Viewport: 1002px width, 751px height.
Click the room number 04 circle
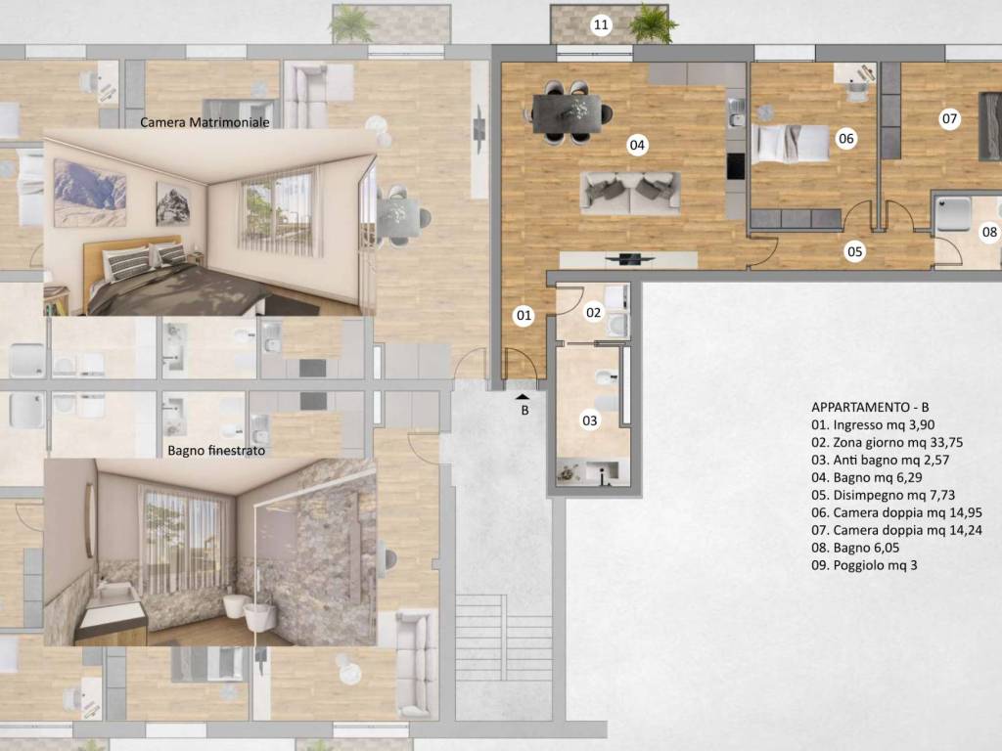[x=637, y=145]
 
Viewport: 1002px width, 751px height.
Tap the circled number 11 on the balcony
[x=601, y=24]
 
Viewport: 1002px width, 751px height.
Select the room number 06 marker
[x=846, y=139]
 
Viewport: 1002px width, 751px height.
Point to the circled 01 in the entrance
[x=524, y=315]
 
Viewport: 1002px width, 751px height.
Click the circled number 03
[x=590, y=420]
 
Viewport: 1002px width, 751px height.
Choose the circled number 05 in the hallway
[x=855, y=251]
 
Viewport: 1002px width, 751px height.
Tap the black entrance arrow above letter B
[x=524, y=397]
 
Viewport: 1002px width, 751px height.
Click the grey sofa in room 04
[x=630, y=193]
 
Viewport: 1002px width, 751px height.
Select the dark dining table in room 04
[x=568, y=113]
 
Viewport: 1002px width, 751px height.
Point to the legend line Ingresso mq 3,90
[x=873, y=424]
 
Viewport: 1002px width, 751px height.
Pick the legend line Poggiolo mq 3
[x=864, y=565]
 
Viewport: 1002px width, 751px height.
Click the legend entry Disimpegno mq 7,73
[x=884, y=495]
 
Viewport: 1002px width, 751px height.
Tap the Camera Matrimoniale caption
[x=205, y=122]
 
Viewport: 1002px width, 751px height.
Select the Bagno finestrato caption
[x=216, y=450]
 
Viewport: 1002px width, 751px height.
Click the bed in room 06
[x=791, y=144]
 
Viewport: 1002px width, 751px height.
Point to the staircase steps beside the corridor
[x=504, y=638]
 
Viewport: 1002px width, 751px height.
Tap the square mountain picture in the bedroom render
[x=173, y=203]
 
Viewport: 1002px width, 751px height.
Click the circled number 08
[x=990, y=232]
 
